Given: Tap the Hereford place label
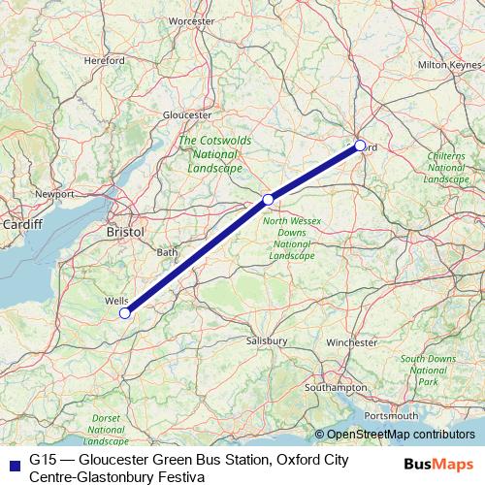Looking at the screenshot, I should pyautogui.click(x=105, y=60).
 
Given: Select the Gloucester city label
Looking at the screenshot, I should pyautogui.click(x=187, y=113).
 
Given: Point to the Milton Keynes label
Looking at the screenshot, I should pyautogui.click(x=447, y=64).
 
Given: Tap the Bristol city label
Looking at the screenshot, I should pyautogui.click(x=125, y=233).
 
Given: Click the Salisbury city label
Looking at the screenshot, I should pyautogui.click(x=266, y=341).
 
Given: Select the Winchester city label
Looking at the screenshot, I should pyautogui.click(x=351, y=342).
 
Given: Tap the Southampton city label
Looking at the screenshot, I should pyautogui.click(x=332, y=387).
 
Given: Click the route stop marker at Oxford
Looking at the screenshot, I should pyautogui.click(x=360, y=145).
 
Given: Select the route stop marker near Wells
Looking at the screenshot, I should pyautogui.click(x=124, y=313).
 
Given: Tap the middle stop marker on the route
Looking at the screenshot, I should pyautogui.click(x=268, y=200).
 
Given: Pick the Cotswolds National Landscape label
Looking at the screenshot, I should pyautogui.click(x=215, y=153).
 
